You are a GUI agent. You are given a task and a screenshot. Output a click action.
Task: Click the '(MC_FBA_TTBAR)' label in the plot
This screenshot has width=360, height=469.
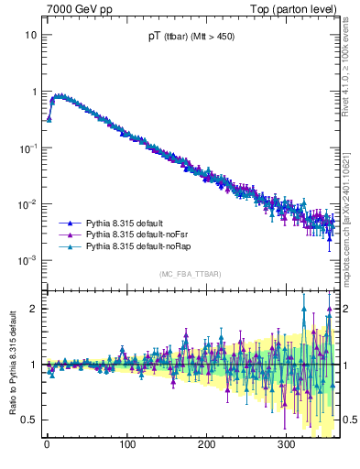pyautogui.click(x=191, y=275)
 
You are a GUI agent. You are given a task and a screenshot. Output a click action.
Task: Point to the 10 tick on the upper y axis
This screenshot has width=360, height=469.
pyautogui.click(x=31, y=35)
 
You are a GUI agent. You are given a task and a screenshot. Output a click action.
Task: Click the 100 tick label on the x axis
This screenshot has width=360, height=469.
pyautogui.click(x=127, y=444)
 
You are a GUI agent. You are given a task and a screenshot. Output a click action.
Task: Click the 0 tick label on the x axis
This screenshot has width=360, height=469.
pyautogui.click(x=47, y=444)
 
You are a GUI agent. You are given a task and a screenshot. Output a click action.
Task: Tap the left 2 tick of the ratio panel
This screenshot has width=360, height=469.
pyautogui.click(x=34, y=309)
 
